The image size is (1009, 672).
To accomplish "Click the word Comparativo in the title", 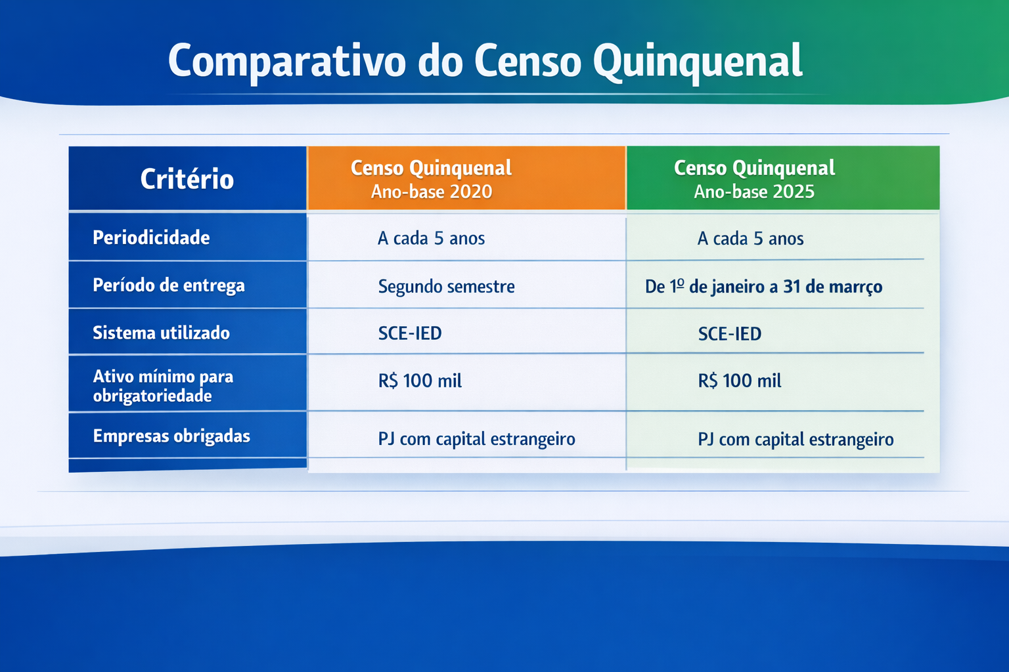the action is pos(287,62).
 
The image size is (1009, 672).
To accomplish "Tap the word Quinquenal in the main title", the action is pos(698,62).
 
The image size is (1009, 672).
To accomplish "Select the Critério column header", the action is pos(187,178).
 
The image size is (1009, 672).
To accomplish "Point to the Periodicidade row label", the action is pos(151,238).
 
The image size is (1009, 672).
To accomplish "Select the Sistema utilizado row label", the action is pos(161,333).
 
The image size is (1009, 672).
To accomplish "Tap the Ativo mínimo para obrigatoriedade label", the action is pos(163,386).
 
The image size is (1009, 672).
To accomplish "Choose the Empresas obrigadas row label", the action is pos(171,436).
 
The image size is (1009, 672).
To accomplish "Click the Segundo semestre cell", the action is pos(446,287).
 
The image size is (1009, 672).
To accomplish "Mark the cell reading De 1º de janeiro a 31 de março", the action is pos(763,287).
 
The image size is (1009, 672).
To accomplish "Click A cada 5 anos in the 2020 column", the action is pos(431,238).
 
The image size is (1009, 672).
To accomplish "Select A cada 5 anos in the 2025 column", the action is pos(750,239).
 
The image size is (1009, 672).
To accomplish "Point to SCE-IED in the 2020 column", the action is pos(410,333).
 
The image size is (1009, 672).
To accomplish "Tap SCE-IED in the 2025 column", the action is pos(730,334).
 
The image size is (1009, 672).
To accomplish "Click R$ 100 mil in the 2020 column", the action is pos(420,381).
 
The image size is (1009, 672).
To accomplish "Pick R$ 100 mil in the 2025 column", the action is pos(740,381).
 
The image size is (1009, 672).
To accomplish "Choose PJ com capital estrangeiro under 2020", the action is pos(476,439).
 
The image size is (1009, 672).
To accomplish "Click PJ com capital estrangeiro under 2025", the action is pos(796,440).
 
